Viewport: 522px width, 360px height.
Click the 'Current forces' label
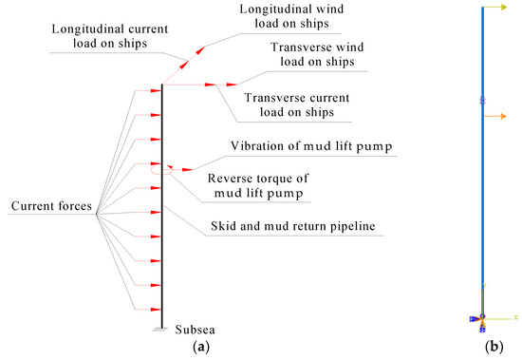[50, 206]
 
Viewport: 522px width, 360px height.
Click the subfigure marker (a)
[201, 348]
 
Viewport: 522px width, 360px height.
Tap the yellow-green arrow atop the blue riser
[497, 9]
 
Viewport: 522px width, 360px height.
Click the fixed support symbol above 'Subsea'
[163, 328]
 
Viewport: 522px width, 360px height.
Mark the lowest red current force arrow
[151, 309]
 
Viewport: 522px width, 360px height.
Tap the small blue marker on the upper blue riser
[482, 99]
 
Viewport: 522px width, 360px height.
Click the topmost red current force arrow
[151, 91]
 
